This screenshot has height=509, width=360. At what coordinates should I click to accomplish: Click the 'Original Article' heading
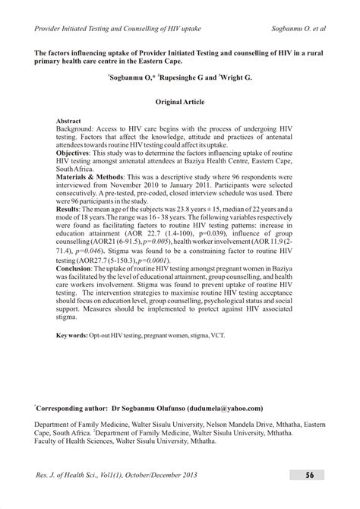click(x=180, y=100)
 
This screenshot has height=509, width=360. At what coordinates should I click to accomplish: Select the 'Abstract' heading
click(x=73, y=121)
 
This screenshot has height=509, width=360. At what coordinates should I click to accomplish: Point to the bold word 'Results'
click(x=72, y=207)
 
